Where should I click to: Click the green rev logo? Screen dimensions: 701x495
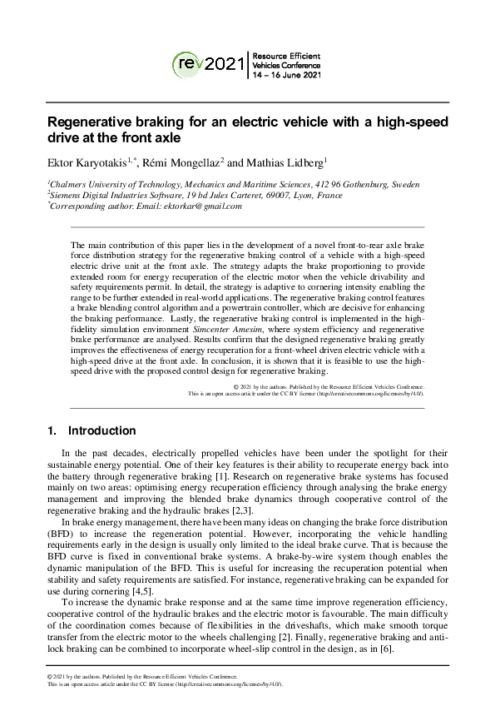187,62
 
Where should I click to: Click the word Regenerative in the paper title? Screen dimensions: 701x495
95,122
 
